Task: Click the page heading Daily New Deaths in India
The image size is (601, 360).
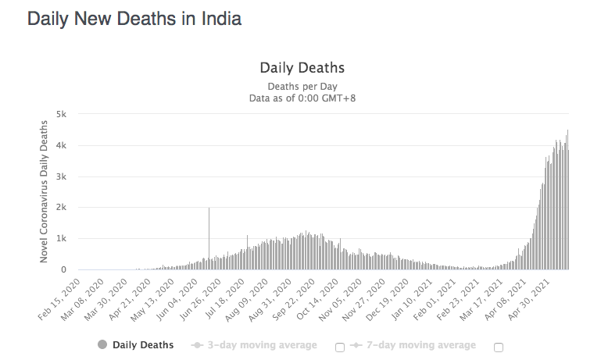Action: click(134, 19)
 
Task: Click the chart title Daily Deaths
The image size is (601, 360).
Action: click(302, 68)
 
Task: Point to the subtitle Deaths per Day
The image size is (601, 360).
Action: click(302, 86)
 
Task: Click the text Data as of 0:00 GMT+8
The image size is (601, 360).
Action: click(302, 98)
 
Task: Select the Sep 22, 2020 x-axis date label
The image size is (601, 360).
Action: click(304, 297)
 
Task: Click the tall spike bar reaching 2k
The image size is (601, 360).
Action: click(209, 234)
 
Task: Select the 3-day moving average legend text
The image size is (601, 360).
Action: click(262, 344)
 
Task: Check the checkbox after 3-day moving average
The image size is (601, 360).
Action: click(340, 348)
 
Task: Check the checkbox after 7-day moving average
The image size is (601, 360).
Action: click(499, 348)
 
